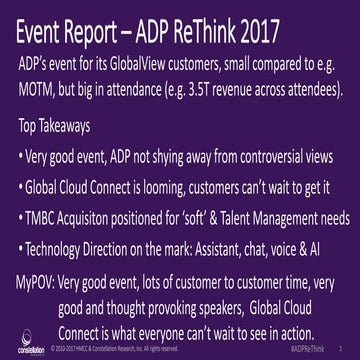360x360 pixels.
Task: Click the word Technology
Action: coord(71,245)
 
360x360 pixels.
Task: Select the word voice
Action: coord(302,245)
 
